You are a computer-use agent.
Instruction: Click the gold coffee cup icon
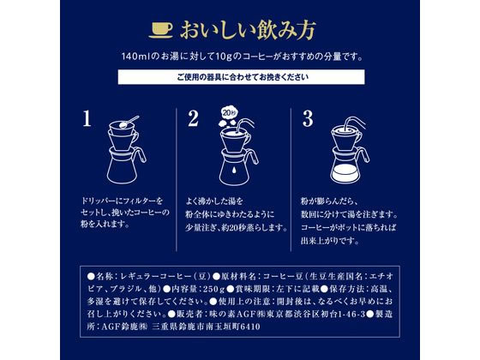[x=161, y=30]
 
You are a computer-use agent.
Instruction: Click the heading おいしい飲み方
[x=248, y=30]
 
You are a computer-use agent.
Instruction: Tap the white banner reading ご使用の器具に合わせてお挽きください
[x=241, y=77]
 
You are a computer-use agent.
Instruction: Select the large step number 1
[x=87, y=119]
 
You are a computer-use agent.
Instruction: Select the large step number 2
[x=193, y=119]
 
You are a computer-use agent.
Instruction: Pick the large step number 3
[x=308, y=119]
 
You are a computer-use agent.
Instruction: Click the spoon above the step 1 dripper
[x=129, y=122]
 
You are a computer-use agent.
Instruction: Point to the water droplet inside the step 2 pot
[x=233, y=170]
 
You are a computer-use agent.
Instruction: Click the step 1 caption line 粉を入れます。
[x=105, y=224]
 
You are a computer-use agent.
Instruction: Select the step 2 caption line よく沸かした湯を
[x=214, y=201]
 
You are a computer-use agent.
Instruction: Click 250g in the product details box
[x=214, y=289]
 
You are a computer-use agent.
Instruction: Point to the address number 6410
[x=250, y=327]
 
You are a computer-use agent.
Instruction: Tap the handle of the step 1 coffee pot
[x=141, y=155]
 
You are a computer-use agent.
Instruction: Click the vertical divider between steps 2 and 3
[x=291, y=179]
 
